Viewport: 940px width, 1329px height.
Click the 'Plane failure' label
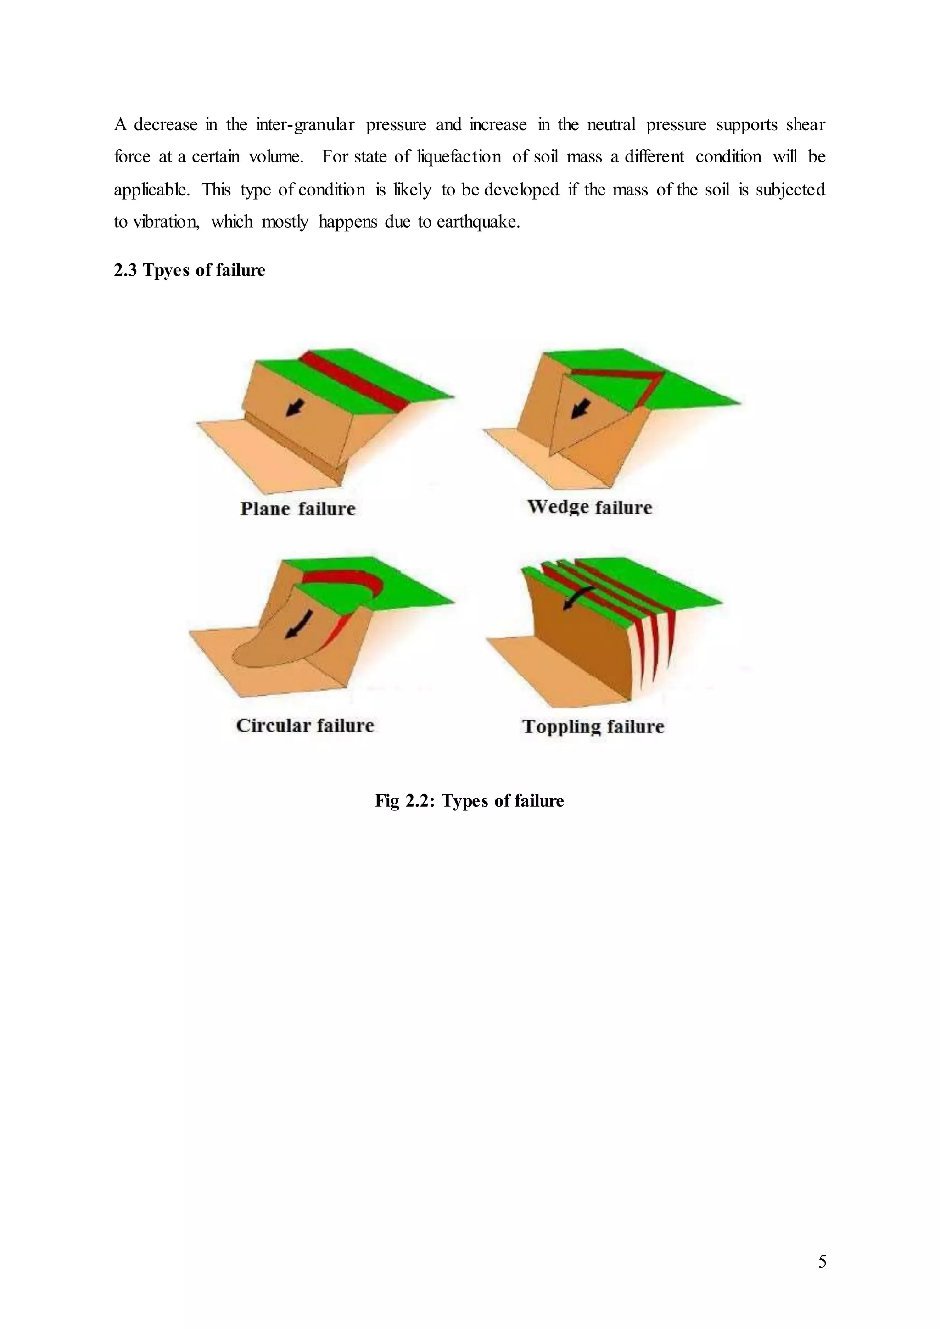click(x=297, y=509)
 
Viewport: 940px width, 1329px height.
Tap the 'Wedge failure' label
click(x=589, y=507)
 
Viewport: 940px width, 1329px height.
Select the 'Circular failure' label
click(x=305, y=725)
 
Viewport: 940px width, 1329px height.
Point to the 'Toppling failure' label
click(x=593, y=726)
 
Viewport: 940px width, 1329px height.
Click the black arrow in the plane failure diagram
click(x=295, y=408)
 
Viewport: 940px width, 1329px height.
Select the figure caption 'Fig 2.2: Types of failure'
click(x=469, y=800)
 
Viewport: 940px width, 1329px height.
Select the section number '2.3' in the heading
click(x=125, y=270)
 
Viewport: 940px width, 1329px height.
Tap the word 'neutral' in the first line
click(x=611, y=124)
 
